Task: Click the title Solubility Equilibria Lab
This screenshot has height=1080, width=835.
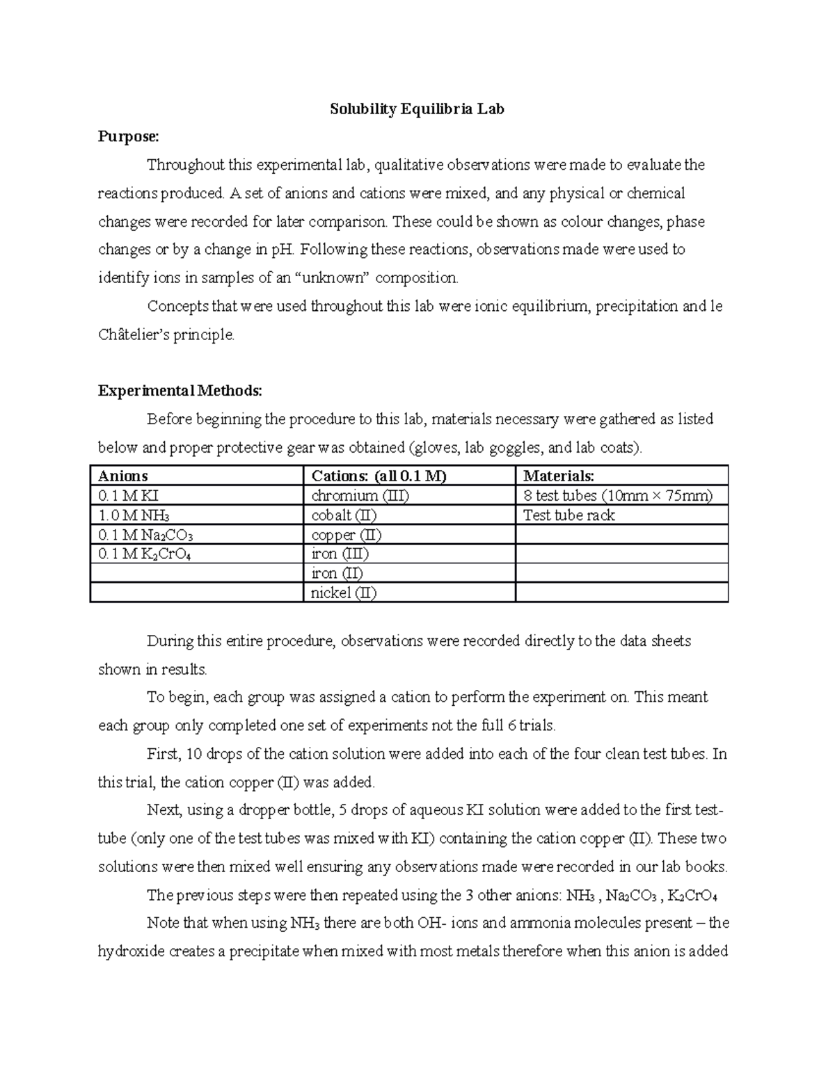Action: pos(417,109)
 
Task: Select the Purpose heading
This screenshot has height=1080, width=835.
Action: pos(128,137)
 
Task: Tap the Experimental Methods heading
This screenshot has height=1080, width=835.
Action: pos(180,391)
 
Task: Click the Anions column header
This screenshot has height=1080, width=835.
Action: pos(123,476)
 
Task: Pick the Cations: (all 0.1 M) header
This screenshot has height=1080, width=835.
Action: pos(379,476)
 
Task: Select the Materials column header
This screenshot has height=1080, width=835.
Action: pos(559,476)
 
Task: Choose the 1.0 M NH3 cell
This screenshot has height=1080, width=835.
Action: pos(134,515)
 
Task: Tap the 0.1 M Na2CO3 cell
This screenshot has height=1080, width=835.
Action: pos(145,535)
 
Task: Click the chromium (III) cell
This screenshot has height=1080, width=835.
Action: pos(360,496)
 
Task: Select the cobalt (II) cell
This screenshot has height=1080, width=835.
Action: pos(344,515)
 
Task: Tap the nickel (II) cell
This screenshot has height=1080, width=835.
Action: pos(344,593)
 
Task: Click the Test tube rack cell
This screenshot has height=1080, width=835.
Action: pos(568,515)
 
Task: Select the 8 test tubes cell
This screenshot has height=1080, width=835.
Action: pos(617,496)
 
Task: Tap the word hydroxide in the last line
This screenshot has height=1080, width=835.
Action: pos(127,951)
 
